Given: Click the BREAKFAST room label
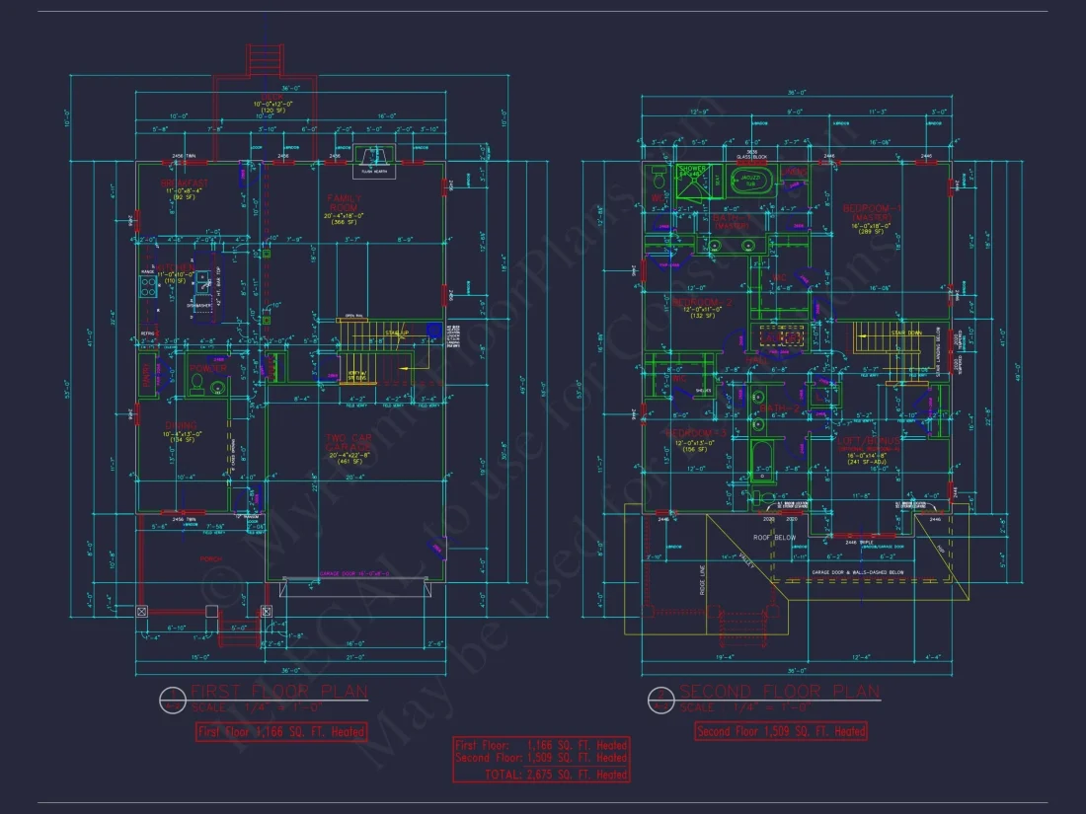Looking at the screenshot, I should click(x=186, y=183).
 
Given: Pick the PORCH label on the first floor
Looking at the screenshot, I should click(x=211, y=557).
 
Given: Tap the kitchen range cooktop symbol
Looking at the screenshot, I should click(x=149, y=285).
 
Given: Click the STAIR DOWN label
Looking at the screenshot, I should click(x=905, y=333).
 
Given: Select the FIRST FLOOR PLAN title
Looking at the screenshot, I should click(x=278, y=691).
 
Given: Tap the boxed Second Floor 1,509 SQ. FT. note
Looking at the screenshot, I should click(x=781, y=731).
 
